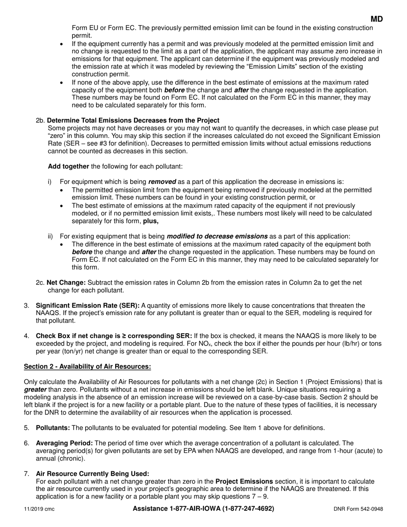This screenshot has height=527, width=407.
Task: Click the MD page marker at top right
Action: pyautogui.click(x=377, y=19)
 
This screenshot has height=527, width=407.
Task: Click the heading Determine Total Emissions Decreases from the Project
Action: pyautogui.click(x=133, y=120)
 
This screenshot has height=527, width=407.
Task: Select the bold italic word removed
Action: pyautogui.click(x=162, y=182)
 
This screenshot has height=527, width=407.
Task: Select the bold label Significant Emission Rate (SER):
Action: pyautogui.click(x=87, y=305)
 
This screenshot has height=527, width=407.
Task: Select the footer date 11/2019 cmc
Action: pyautogui.click(x=39, y=509)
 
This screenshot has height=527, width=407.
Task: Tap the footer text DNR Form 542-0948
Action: pyautogui.click(x=358, y=509)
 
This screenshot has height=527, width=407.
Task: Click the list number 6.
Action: pyautogui.click(x=27, y=443)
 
